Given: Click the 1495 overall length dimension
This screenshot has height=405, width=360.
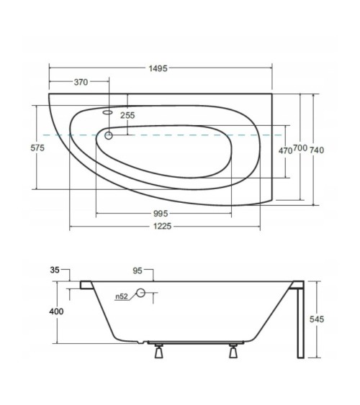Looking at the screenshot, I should pos(158,69).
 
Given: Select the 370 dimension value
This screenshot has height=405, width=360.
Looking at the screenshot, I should pos(81,83).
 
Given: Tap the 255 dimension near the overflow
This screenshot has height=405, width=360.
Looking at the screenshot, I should pos(127,115).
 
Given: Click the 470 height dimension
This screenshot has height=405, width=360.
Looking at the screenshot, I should pos(285,150).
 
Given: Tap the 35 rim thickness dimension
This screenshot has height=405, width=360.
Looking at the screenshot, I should pos(55,270).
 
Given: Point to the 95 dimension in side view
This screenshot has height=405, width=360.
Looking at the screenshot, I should pos(139,271).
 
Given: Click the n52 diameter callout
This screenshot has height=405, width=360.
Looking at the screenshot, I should pos(121,295).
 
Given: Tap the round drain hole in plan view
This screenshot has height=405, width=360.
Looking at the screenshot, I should pos(109,135).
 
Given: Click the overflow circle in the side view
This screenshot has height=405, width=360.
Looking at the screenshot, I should pos(140,293).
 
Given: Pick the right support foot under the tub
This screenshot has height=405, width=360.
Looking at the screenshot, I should pos(233,352).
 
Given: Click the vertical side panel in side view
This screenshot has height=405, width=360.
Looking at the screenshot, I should pos(299,321).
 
